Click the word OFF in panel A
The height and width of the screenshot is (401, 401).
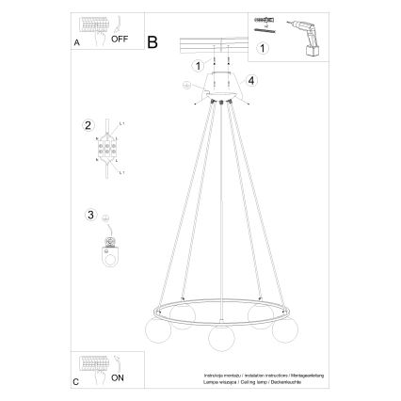pos(120,40)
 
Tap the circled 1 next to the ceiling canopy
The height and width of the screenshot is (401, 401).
pos(197,65)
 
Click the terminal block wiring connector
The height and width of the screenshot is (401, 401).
pos(108,149)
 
